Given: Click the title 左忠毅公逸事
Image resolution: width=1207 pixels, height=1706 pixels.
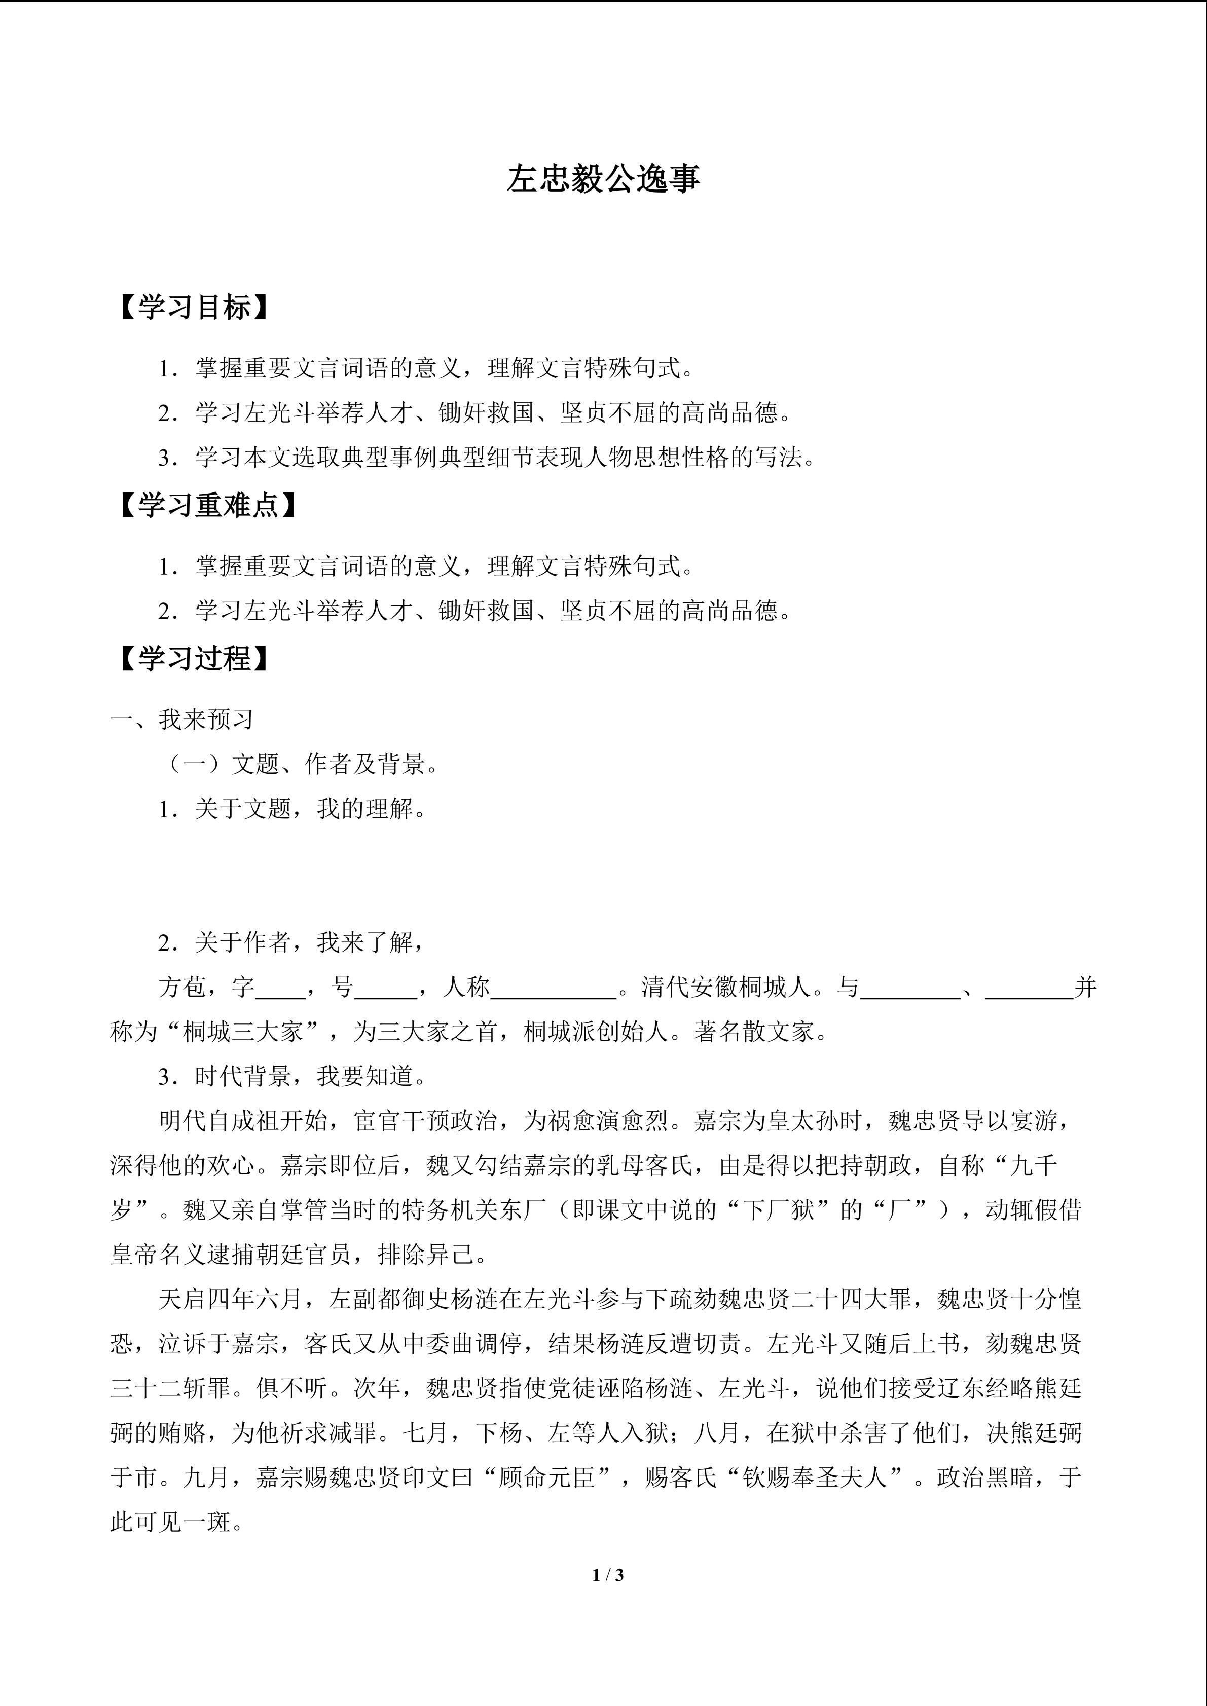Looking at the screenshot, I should tap(603, 179).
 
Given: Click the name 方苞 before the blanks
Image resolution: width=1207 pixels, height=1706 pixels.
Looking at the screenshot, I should tap(182, 988).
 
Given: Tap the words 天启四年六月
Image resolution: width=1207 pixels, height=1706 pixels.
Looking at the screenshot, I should tap(231, 1300).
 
